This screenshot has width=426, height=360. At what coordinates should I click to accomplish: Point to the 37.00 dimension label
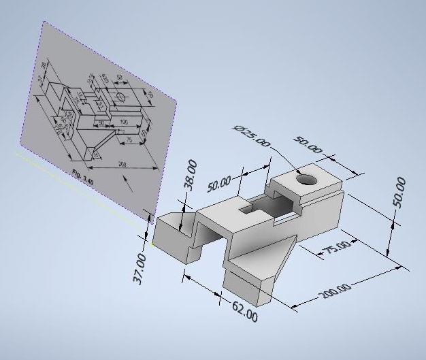(141, 269)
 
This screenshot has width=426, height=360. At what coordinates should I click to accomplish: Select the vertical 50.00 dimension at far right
(400, 193)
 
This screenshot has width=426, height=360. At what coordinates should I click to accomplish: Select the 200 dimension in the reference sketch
(122, 163)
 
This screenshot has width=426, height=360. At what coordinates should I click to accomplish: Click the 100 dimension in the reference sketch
(123, 122)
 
